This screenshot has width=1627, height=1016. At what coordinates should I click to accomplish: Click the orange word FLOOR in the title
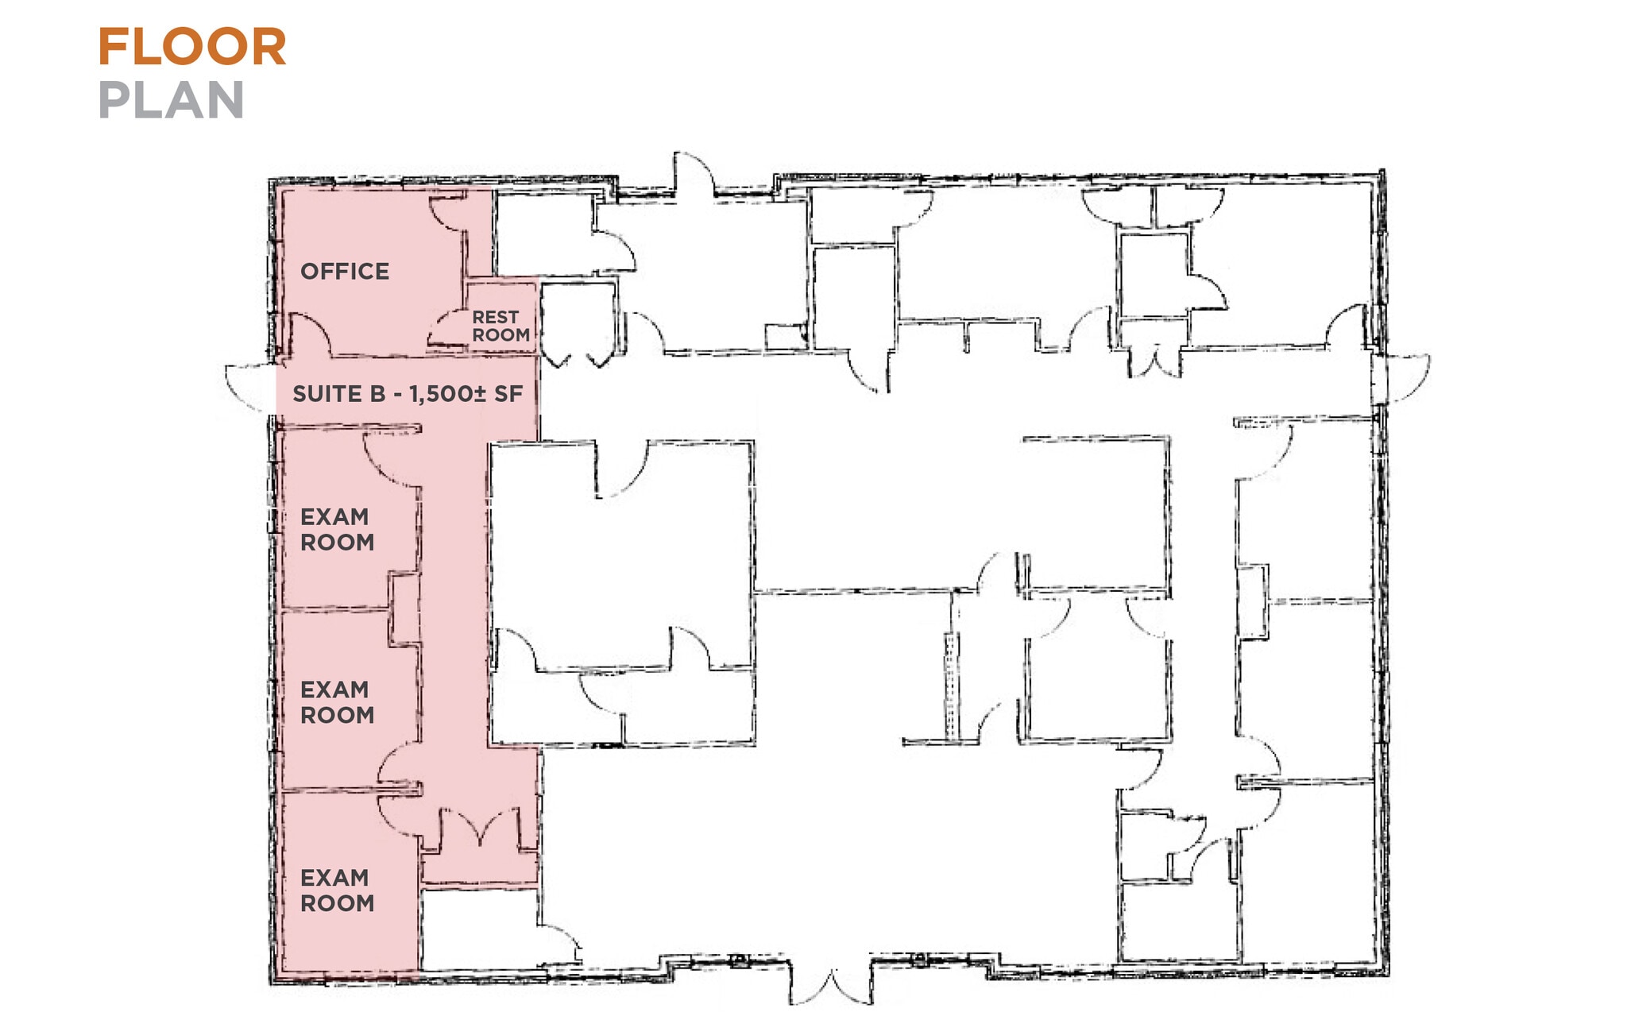coord(191,47)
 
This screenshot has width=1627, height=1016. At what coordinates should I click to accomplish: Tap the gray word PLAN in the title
coord(171,100)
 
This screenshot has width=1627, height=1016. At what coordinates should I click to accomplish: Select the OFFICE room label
coord(345,272)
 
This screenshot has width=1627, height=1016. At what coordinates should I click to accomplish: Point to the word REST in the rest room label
coord(495,317)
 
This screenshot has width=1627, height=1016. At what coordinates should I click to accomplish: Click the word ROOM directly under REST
coord(500,335)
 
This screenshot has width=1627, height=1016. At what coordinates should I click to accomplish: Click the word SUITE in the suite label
coord(338,394)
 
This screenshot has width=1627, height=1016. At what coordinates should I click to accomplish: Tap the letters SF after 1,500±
coord(508,394)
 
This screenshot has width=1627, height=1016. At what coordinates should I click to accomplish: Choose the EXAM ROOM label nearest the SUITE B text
coord(337,529)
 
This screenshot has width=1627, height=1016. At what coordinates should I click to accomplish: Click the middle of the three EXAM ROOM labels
coord(337,701)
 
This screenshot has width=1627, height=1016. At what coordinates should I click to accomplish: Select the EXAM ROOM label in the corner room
coord(337,890)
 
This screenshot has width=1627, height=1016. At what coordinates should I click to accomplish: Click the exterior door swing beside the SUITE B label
coord(248,388)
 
